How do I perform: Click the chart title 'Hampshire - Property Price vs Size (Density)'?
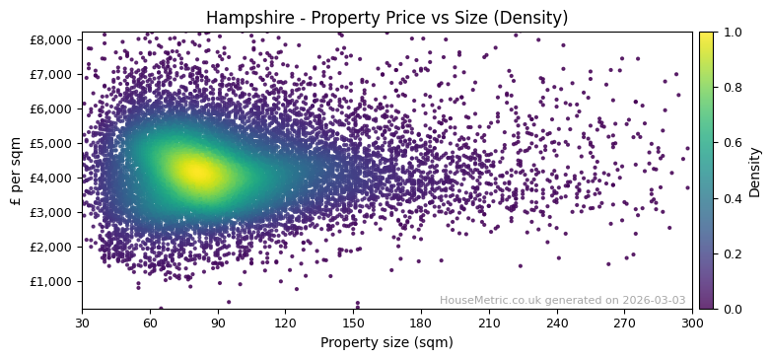click(386, 18)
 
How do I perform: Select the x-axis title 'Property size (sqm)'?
click(386, 342)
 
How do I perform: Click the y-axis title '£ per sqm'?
click(16, 170)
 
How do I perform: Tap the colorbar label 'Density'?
click(755, 171)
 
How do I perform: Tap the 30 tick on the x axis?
click(82, 322)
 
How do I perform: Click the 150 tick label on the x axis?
click(353, 322)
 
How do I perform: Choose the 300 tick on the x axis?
click(692, 322)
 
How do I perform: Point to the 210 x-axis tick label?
click(489, 322)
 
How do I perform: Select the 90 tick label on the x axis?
click(218, 322)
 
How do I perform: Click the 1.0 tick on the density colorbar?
click(732, 32)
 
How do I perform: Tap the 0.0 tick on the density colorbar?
click(732, 309)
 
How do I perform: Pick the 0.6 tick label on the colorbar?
click(732, 142)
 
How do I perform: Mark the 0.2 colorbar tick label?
click(732, 253)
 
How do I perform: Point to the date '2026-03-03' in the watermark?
click(652, 301)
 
